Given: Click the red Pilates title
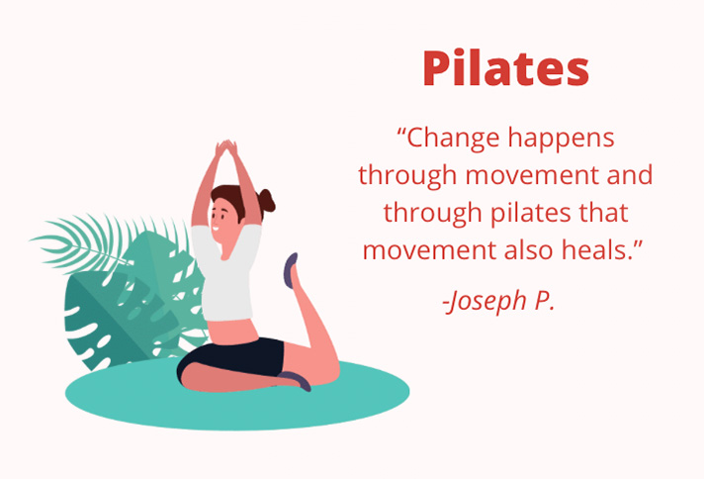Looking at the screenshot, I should click(505, 68).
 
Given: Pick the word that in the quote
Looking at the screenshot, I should click(604, 213).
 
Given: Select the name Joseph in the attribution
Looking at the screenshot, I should click(485, 301).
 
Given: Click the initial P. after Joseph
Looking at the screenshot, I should click(545, 301).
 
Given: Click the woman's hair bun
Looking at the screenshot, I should click(266, 201).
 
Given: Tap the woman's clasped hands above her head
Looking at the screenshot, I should click(226, 150).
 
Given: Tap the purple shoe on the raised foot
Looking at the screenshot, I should click(291, 270).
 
